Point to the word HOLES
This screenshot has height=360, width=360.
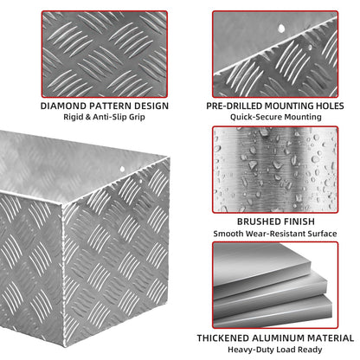pos(330,106)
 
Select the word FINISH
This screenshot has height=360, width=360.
pos(300,222)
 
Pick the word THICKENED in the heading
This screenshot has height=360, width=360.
pos(222,337)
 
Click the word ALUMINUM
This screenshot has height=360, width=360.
pos(278,337)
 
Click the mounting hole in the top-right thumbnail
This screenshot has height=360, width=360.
pos(281,28)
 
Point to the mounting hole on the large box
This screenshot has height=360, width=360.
pos(122,170)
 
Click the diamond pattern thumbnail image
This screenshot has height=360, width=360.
pos(105,54)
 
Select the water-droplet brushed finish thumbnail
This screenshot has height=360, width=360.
pos(275,170)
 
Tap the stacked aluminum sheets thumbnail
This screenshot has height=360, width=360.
pos(275,285)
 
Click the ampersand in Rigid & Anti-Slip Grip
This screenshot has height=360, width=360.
pos(88,117)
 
